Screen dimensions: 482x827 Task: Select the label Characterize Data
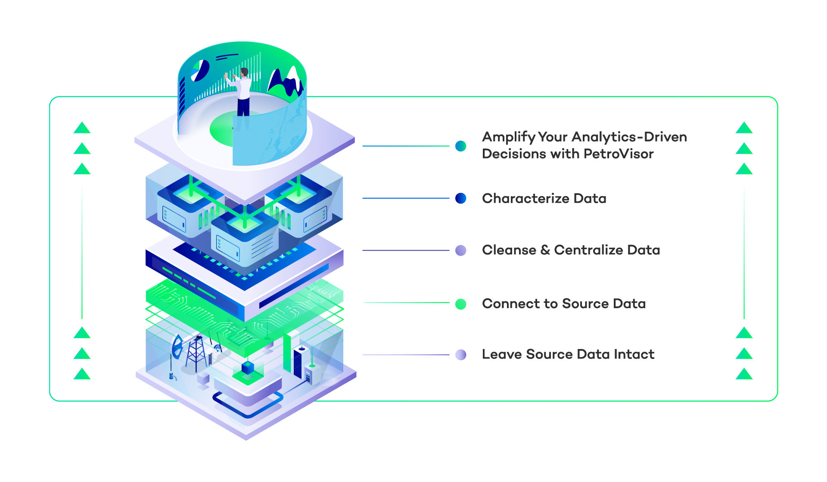tap(544, 198)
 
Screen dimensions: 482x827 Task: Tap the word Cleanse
tap(509, 250)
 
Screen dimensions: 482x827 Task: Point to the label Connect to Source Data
tap(563, 304)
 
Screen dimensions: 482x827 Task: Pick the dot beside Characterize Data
tap(461, 198)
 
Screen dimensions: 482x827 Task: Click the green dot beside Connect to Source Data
tap(461, 304)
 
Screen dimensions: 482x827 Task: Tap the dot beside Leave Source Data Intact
tap(461, 355)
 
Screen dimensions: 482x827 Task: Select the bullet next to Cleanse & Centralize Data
tap(461, 250)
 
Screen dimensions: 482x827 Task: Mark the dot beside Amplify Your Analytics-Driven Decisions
tap(461, 146)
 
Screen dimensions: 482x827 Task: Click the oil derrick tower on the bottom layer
tap(196, 353)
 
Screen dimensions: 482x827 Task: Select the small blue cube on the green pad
tap(248, 368)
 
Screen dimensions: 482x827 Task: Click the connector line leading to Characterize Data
tap(405, 198)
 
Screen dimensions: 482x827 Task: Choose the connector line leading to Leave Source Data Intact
tap(405, 355)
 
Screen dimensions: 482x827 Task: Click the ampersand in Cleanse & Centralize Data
tap(545, 250)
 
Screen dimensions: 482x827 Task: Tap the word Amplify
tap(508, 137)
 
